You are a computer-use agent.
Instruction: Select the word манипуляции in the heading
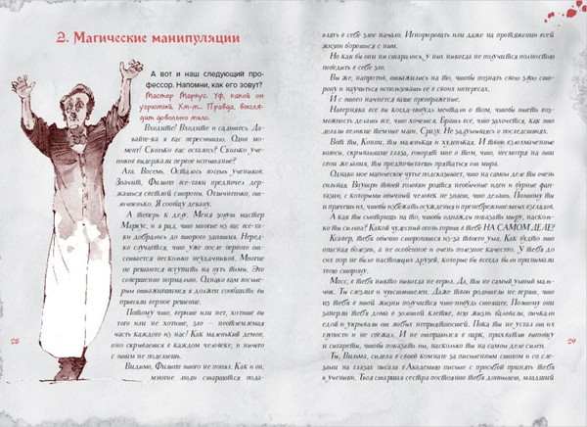coord(196,40)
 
